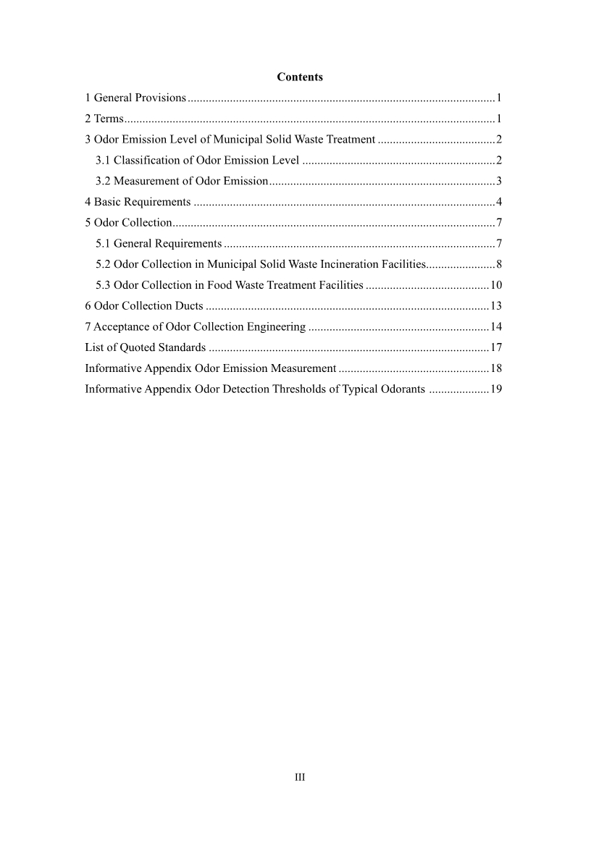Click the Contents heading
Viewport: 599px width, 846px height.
click(x=300, y=77)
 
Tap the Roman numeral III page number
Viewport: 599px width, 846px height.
click(x=300, y=777)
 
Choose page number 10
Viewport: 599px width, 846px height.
click(x=497, y=285)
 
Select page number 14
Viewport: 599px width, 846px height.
click(x=497, y=327)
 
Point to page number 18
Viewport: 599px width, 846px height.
click(x=497, y=368)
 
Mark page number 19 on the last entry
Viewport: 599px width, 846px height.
click(x=497, y=389)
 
